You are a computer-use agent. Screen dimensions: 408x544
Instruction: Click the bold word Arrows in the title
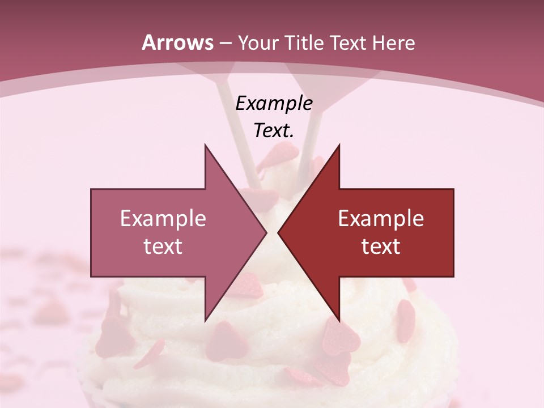click(x=177, y=42)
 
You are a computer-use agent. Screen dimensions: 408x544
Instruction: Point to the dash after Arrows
click(x=224, y=43)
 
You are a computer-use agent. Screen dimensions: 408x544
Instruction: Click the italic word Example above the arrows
click(x=274, y=103)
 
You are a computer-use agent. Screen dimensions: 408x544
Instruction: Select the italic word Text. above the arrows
click(x=274, y=130)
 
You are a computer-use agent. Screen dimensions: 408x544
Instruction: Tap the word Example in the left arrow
click(x=163, y=218)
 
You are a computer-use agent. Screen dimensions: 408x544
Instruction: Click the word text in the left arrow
click(x=163, y=246)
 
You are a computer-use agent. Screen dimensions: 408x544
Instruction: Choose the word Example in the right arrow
click(x=381, y=218)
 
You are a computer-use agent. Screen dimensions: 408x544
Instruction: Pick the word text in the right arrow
click(x=381, y=246)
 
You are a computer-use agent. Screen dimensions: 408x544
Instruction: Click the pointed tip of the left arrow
click(x=266, y=232)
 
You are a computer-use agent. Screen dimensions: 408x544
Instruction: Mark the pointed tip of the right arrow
click(x=278, y=232)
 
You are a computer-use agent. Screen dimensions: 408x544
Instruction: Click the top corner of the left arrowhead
click(x=205, y=145)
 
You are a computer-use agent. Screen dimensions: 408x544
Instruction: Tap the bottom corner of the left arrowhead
click(x=205, y=320)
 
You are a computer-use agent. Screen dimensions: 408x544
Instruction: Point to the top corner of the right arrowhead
click(x=339, y=145)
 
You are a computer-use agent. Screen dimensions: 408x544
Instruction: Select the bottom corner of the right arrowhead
click(x=339, y=320)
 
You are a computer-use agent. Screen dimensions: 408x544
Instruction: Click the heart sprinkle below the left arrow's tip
click(x=248, y=285)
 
